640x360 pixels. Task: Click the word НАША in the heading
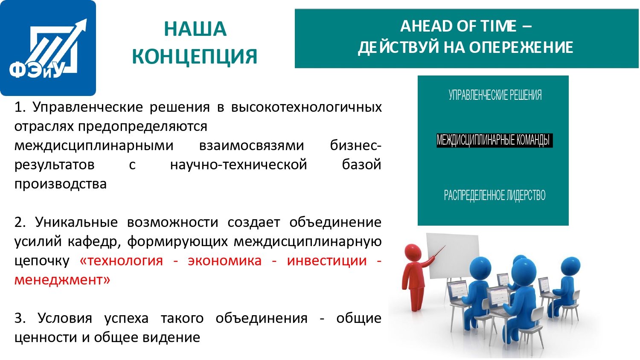point(195,29)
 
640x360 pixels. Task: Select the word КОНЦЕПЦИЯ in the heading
point(195,57)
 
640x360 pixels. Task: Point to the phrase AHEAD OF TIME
point(459,26)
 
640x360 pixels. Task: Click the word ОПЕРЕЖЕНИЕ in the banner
point(521,47)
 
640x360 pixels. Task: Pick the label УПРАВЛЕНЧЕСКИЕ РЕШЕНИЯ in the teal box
point(495,95)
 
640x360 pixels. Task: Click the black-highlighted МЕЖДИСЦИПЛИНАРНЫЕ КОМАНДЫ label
point(494,140)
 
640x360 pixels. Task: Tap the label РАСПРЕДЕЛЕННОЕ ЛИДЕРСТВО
point(495,195)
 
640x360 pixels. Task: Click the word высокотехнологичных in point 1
point(307,107)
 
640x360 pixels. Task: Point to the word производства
point(61,184)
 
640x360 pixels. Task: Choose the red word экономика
point(224,261)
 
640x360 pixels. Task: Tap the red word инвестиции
point(327,261)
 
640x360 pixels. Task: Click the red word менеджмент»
point(62,280)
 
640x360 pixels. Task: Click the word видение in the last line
point(171,337)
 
